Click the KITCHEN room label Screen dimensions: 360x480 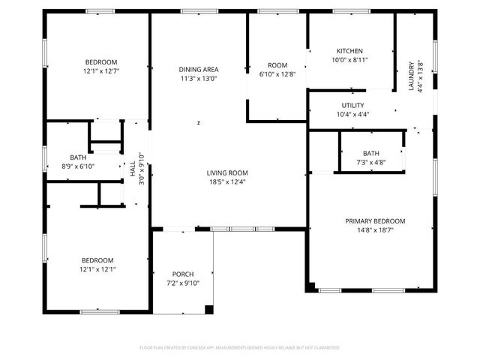pos(349,51)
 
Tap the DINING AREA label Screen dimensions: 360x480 pos(199,70)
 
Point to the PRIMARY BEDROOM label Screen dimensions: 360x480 pos(375,221)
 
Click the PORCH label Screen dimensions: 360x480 pos(183,274)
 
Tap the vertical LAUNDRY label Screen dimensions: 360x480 pos(411,76)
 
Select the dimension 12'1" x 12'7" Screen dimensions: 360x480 pos(100,71)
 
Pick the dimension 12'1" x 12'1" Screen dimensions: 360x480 pos(97,269)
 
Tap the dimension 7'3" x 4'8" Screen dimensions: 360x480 pos(370,162)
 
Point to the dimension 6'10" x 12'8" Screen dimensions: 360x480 pos(277,74)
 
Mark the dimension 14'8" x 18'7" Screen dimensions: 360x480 pos(375,230)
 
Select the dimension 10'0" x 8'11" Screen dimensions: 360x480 pos(349,60)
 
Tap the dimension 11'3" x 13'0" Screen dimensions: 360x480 pos(199,79)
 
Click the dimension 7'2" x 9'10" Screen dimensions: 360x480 pos(183,283)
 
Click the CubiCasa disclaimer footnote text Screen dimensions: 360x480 pos(240,348)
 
